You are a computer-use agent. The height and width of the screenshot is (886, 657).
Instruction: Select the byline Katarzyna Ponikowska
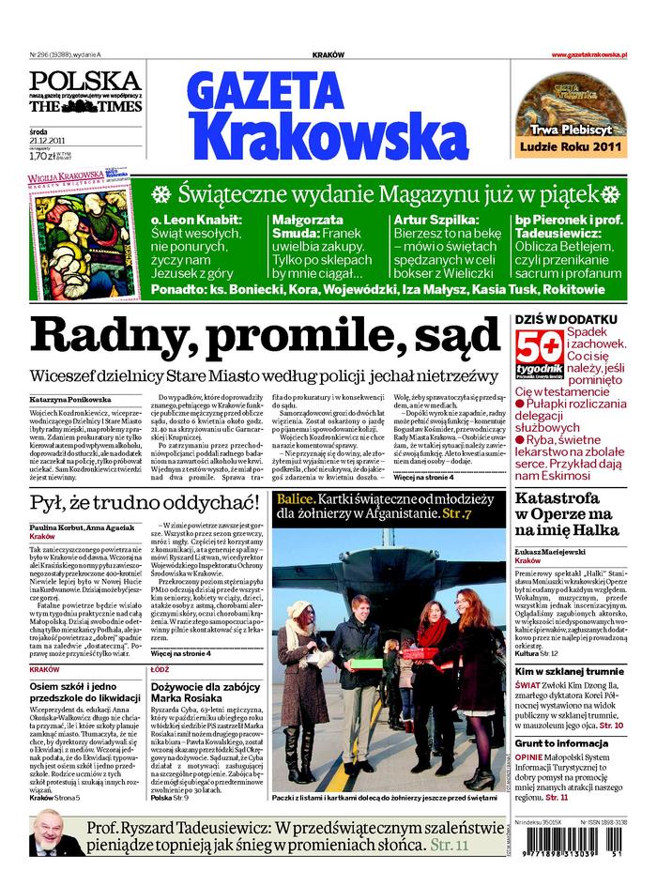click(69, 399)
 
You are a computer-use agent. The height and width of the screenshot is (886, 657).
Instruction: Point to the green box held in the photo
click(366, 664)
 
